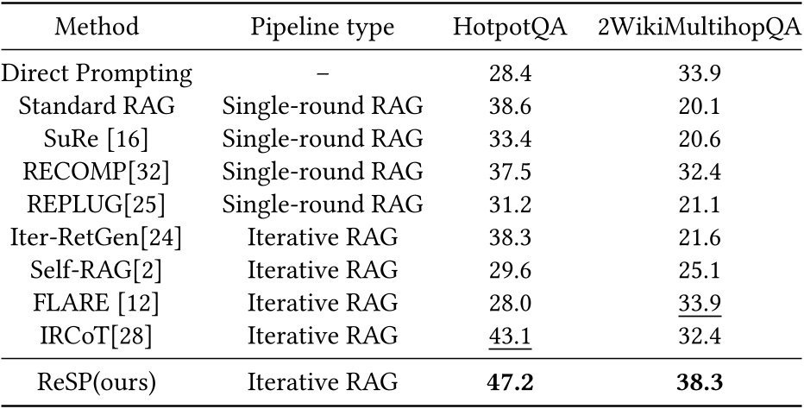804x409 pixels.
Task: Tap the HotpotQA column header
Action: (510, 28)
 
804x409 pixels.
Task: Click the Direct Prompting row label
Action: (96, 73)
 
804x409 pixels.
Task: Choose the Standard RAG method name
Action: (96, 106)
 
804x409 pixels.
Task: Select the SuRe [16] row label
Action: (96, 139)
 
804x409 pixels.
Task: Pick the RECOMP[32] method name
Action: (96, 172)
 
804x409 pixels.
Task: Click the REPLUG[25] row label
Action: (96, 204)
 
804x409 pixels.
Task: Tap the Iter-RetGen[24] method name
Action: (96, 237)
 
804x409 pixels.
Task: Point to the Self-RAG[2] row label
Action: (96, 270)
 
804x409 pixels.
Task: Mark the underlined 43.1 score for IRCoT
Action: (510, 336)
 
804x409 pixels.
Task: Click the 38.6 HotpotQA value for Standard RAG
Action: (510, 106)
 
